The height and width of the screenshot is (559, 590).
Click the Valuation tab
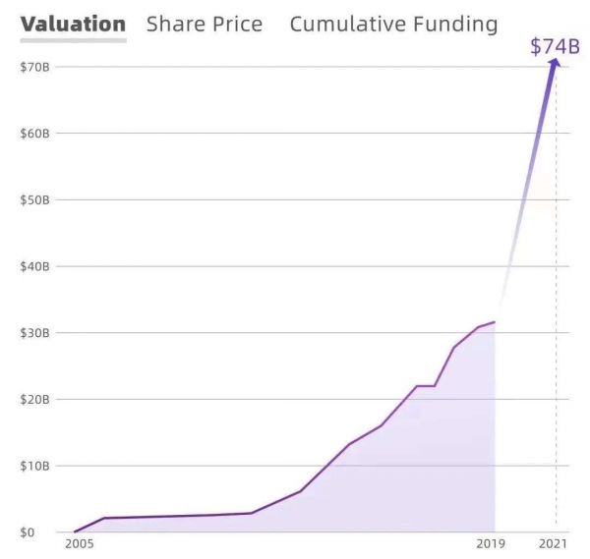pyautogui.click(x=73, y=24)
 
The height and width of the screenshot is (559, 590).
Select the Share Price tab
pyautogui.click(x=205, y=24)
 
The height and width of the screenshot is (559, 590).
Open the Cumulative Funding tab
pyautogui.click(x=393, y=24)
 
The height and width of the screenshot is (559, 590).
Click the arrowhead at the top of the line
pyautogui.click(x=555, y=63)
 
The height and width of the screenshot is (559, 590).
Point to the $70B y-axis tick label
pyautogui.click(x=35, y=67)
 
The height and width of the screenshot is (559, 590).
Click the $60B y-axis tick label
pyautogui.click(x=35, y=133)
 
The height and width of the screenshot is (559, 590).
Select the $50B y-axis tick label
pyautogui.click(x=35, y=199)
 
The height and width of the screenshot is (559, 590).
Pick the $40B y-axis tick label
pyautogui.click(x=35, y=266)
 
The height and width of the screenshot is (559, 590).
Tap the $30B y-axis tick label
pyautogui.click(x=35, y=333)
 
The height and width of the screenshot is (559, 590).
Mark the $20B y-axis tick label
pyautogui.click(x=35, y=399)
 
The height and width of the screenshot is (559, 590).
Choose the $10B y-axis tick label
pyautogui.click(x=35, y=466)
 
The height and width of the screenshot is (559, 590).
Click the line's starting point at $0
pyautogui.click(x=75, y=531)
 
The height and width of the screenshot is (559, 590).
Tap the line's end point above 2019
pyautogui.click(x=494, y=321)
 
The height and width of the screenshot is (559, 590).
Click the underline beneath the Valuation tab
pyautogui.click(x=73, y=40)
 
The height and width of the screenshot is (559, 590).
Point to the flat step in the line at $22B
pyautogui.click(x=425, y=386)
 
